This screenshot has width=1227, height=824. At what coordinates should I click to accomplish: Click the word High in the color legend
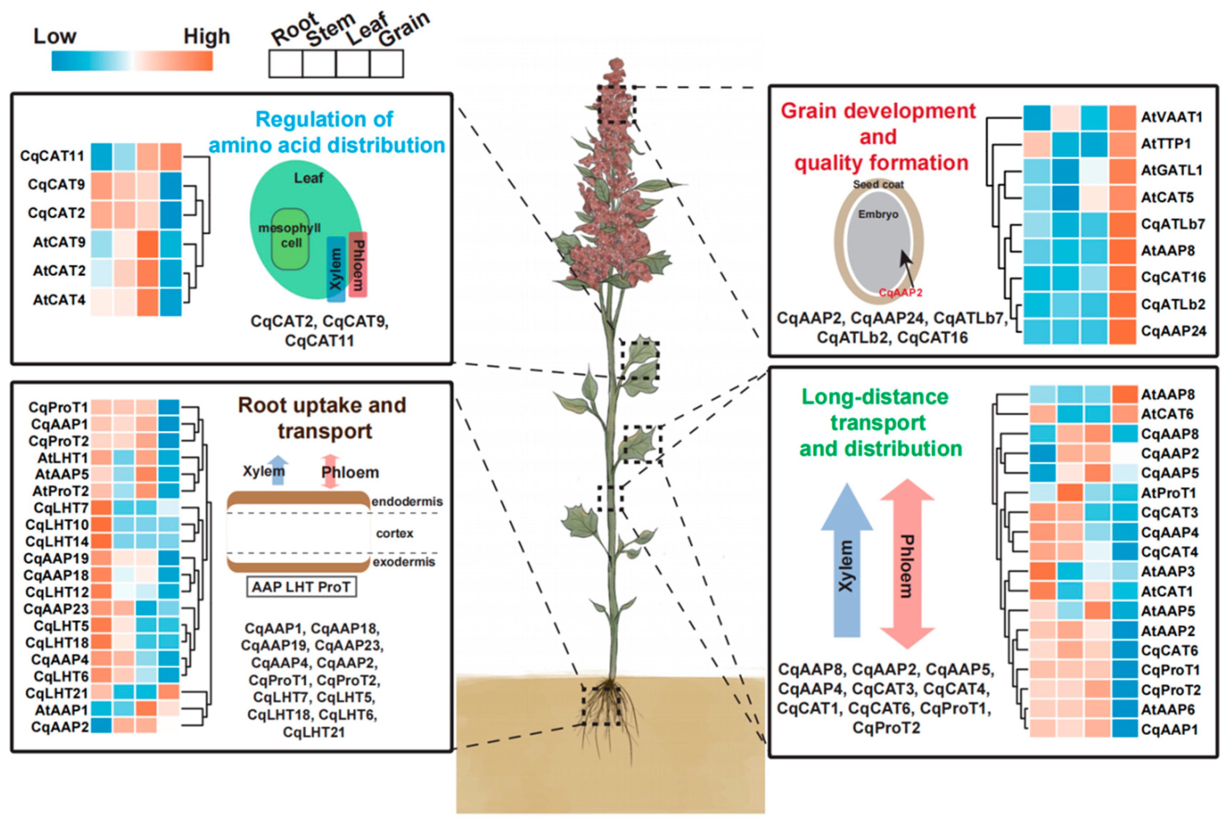(x=206, y=37)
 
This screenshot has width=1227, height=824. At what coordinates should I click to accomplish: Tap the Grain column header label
(x=403, y=29)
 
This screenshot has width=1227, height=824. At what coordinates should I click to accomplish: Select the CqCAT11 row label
(x=52, y=156)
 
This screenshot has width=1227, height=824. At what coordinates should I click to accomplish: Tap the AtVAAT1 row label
(x=1171, y=117)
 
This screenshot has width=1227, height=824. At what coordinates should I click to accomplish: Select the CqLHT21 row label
(x=57, y=693)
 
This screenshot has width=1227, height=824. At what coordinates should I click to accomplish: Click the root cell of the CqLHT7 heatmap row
(x=101, y=508)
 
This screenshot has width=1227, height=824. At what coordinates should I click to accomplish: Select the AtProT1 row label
(x=1168, y=493)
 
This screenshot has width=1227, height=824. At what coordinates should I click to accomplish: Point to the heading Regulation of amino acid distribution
(x=326, y=132)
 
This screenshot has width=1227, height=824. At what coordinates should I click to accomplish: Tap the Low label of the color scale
(x=55, y=37)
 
